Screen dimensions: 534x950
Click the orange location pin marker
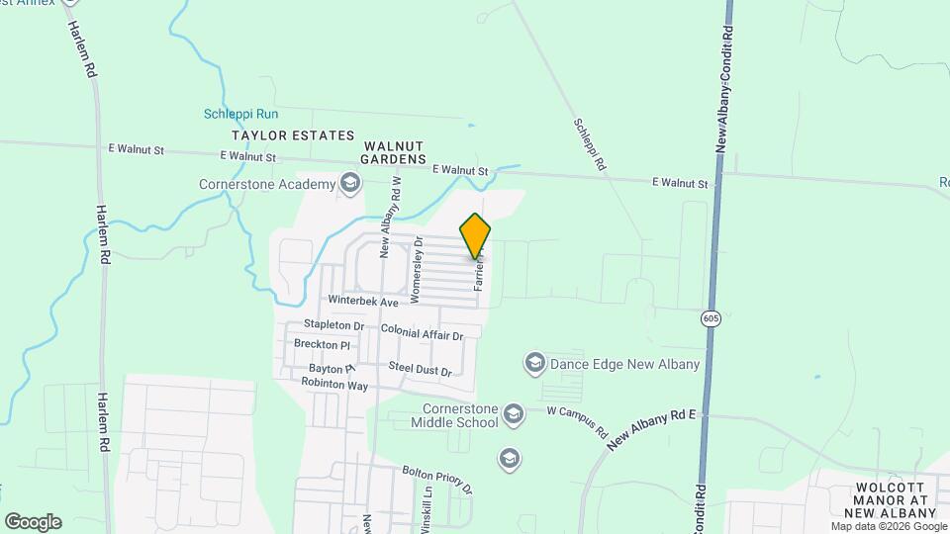click(476, 236)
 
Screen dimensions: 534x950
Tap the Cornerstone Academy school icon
click(349, 183)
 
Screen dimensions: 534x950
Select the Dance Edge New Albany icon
click(535, 363)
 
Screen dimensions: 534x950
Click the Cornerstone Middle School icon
click(513, 412)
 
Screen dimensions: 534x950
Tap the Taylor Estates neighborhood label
click(292, 134)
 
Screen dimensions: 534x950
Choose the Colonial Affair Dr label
click(422, 331)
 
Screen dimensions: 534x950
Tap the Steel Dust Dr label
click(420, 368)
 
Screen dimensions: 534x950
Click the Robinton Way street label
click(334, 383)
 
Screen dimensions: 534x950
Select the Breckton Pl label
click(323, 344)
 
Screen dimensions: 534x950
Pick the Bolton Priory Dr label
click(437, 480)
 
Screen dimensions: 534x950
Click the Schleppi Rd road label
click(589, 146)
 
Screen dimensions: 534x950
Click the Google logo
click(33, 522)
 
